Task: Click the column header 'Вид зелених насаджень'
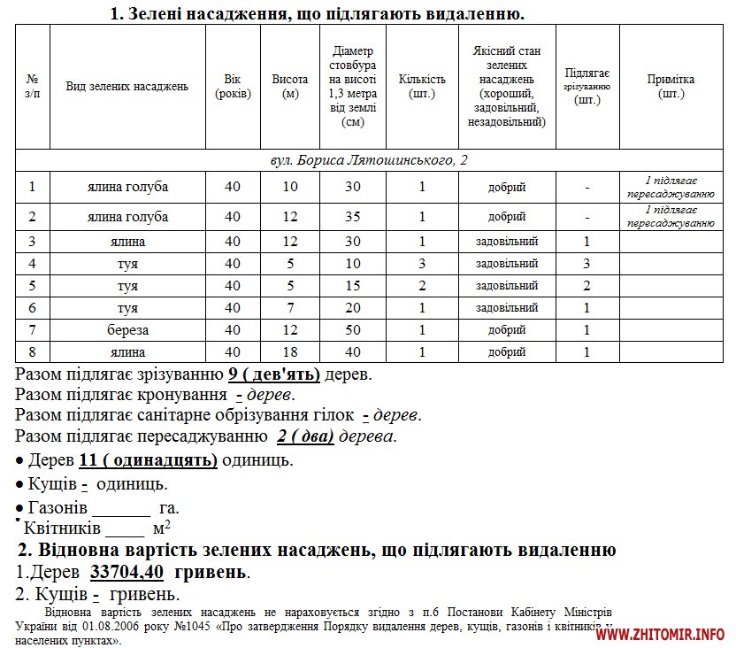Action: pyautogui.click(x=127, y=87)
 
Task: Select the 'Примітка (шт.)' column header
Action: pyautogui.click(x=671, y=87)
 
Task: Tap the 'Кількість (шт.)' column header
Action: pyautogui.click(x=422, y=87)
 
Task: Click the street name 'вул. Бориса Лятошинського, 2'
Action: pyautogui.click(x=368, y=160)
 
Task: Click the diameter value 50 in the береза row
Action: pyautogui.click(x=352, y=330)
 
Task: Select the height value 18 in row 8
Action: pyautogui.click(x=290, y=352)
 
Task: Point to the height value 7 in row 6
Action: pyautogui.click(x=290, y=308)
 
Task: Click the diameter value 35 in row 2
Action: pyautogui.click(x=352, y=217)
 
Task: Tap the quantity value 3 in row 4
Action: pyautogui.click(x=422, y=263)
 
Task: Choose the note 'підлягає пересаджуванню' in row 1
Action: pyautogui.click(x=671, y=187)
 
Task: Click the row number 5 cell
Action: pyautogui.click(x=33, y=285)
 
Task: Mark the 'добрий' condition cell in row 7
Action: pyautogui.click(x=507, y=330)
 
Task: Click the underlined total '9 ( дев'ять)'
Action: pyautogui.click(x=274, y=374)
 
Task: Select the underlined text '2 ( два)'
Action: pyautogui.click(x=304, y=436)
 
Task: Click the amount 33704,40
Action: pyautogui.click(x=126, y=572)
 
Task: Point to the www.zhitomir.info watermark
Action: pyautogui.click(x=661, y=634)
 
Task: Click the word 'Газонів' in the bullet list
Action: pyautogui.click(x=59, y=508)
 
